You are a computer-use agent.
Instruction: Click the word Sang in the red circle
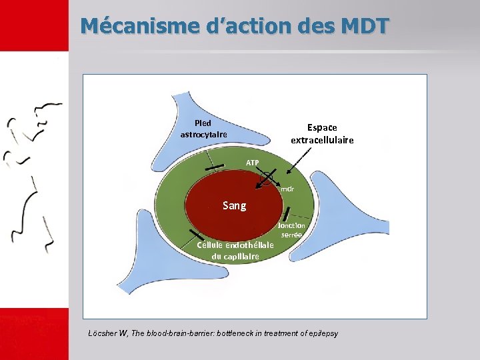(234, 205)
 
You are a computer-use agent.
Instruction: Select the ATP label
(252, 163)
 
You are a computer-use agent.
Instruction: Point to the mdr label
(287, 189)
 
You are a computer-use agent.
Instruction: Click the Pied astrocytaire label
(203, 129)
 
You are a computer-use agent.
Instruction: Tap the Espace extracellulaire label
(322, 133)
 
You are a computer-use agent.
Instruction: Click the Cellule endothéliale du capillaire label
(235, 251)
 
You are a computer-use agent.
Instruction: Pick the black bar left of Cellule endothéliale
(196, 235)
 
